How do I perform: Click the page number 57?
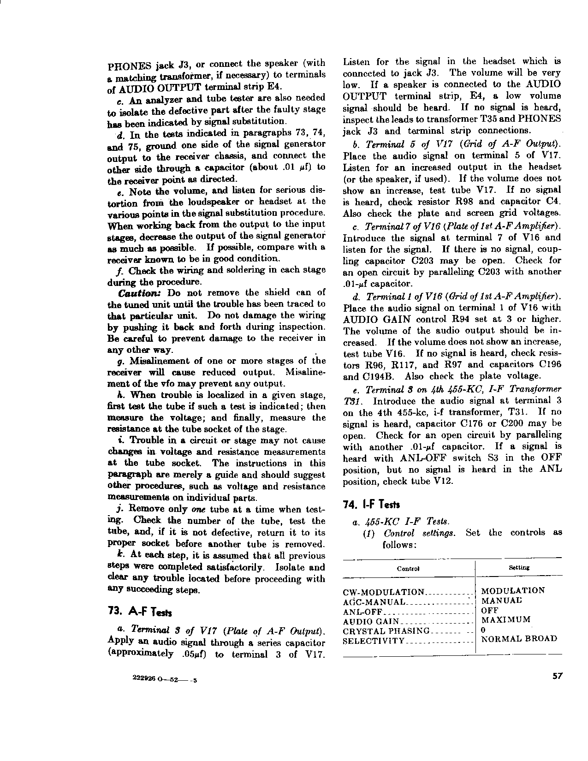click(x=557, y=676)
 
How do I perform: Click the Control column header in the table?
click(x=408, y=568)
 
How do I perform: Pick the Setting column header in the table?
click(x=518, y=567)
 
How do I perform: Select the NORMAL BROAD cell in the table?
click(x=519, y=639)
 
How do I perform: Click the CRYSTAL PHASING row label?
click(x=386, y=630)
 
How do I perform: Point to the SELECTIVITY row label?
click(x=374, y=641)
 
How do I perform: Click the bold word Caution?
click(x=141, y=293)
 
